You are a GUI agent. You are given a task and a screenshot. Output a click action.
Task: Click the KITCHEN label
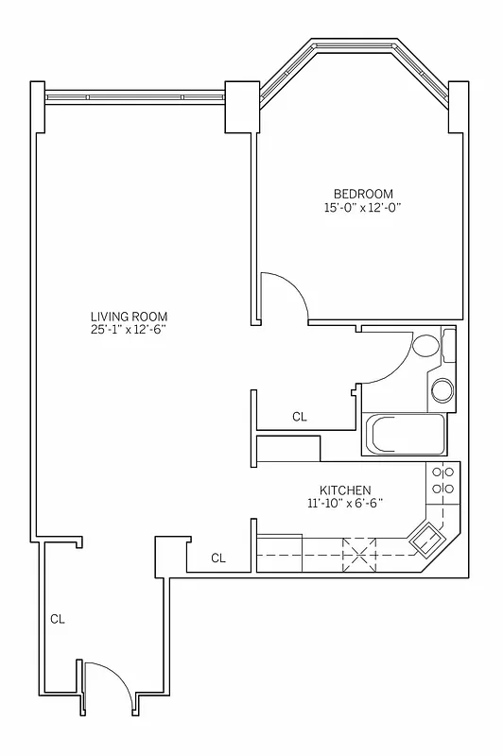(344, 490)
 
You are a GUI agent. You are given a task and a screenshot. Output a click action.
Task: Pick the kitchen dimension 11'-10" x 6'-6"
(344, 504)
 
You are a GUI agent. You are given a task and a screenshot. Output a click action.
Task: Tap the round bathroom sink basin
(442, 389)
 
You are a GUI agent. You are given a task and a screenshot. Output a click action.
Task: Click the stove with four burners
(442, 481)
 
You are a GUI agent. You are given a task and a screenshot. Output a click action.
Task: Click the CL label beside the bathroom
(300, 416)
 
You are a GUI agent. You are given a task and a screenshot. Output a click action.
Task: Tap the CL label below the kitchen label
(218, 558)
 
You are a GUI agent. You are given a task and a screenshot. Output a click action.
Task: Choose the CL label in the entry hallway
(58, 620)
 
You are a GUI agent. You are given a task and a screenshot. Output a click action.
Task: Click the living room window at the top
(134, 95)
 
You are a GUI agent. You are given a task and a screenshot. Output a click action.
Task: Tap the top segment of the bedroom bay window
(356, 44)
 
